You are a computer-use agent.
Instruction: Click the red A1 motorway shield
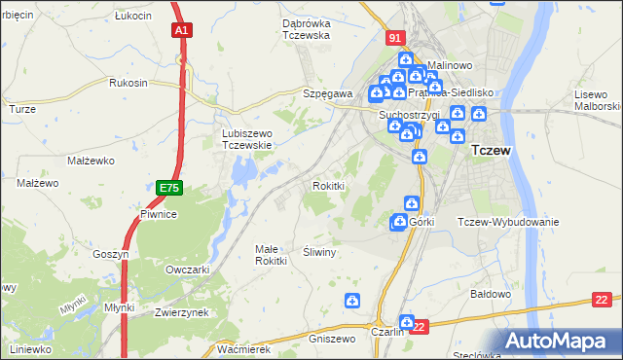[181, 31]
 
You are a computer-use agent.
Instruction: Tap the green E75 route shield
[168, 185]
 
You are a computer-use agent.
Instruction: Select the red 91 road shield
[393, 38]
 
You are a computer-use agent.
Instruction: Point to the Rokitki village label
[328, 185]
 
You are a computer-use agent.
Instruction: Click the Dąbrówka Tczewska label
[292, 29]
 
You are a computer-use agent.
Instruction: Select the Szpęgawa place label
[326, 93]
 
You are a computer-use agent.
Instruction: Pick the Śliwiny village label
[319, 251]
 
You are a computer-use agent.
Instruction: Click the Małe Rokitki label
[271, 254]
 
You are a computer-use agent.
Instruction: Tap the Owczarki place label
[188, 270]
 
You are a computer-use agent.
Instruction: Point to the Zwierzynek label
[182, 312]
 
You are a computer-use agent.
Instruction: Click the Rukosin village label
[128, 83]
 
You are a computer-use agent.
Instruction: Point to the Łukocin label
[132, 17]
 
